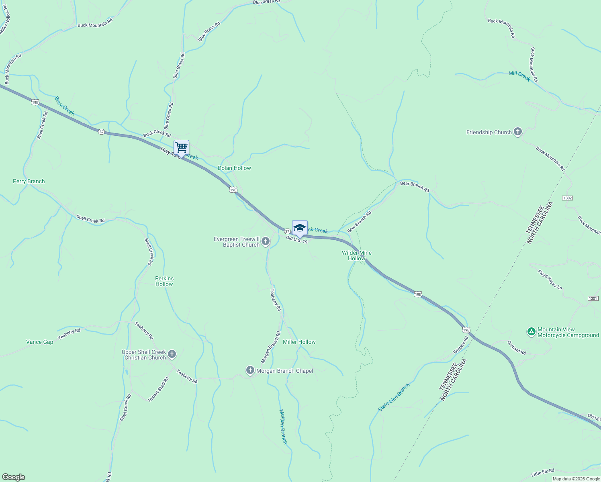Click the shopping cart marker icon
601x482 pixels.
pyautogui.click(x=181, y=148)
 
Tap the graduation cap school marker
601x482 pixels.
pyautogui.click(x=300, y=228)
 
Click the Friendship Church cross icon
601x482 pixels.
pyautogui.click(x=518, y=132)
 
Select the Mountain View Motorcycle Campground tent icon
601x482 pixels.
pyautogui.click(x=531, y=332)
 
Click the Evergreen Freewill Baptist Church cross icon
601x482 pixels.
pyautogui.click(x=265, y=241)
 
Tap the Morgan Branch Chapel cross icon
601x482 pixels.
pyautogui.click(x=250, y=370)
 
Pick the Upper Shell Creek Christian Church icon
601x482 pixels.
pyautogui.click(x=172, y=354)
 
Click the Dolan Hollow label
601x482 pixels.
pyautogui.click(x=234, y=168)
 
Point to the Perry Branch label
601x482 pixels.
pyautogui.click(x=29, y=181)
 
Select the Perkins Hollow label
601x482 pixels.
pyautogui.click(x=164, y=281)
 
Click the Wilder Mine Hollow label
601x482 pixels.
pyautogui.click(x=357, y=255)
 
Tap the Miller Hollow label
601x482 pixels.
pyautogui.click(x=299, y=342)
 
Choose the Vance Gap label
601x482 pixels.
pyautogui.click(x=39, y=342)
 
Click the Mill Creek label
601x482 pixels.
pyautogui.click(x=519, y=76)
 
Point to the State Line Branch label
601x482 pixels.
pyautogui.click(x=394, y=397)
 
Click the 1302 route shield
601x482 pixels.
pyautogui.click(x=567, y=198)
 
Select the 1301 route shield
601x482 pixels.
pyautogui.click(x=593, y=298)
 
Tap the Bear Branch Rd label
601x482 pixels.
pyautogui.click(x=415, y=186)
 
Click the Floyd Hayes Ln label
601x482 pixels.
pyautogui.click(x=550, y=280)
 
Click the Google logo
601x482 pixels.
pyautogui.click(x=13, y=477)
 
